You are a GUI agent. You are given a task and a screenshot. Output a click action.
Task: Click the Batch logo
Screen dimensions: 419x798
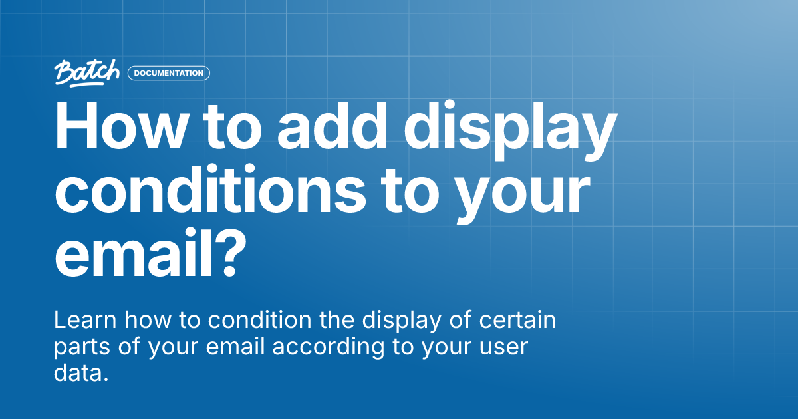click(x=87, y=72)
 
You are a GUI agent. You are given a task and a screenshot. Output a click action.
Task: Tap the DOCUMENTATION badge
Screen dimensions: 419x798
click(x=168, y=73)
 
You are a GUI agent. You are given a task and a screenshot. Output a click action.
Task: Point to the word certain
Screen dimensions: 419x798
click(x=519, y=321)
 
